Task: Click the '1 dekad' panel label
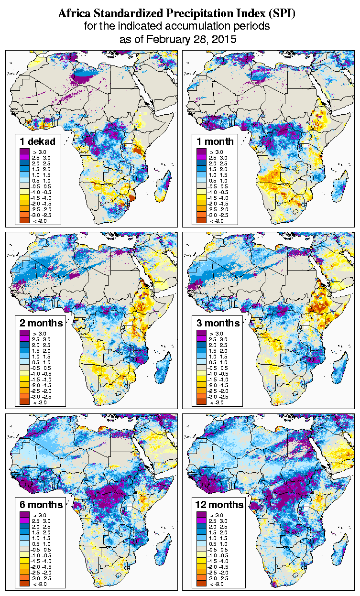pyautogui.click(x=37, y=141)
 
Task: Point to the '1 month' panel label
pyautogui.click(x=215, y=141)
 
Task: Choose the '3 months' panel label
pyautogui.click(x=218, y=323)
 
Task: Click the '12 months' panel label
pyautogui.click(x=219, y=505)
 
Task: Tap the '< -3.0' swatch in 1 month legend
pyautogui.click(x=201, y=220)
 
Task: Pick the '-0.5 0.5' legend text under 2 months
pyautogui.click(x=40, y=368)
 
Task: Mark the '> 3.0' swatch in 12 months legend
pyautogui.click(x=201, y=515)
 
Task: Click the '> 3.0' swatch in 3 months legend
pyautogui.click(x=201, y=333)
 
